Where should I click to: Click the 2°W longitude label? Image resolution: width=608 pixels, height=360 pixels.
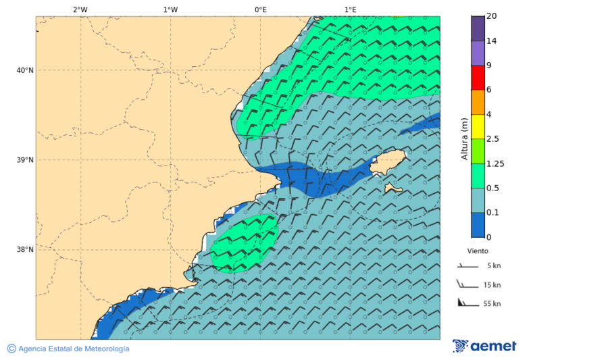coord(80,9)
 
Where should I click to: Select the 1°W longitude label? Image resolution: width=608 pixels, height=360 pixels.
coord(170,9)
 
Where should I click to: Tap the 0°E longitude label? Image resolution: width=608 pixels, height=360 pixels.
coord(260,9)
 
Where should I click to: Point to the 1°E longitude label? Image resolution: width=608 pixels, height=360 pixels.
coord(350,9)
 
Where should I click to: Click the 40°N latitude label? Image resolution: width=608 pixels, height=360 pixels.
coord(25,70)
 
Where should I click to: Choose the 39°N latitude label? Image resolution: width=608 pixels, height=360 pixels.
coord(25,160)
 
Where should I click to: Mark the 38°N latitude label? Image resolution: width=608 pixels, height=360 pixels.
coord(25,250)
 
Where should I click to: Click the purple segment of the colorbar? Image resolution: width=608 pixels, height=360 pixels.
coord(478,53)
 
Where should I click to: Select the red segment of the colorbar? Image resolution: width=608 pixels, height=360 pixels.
coord(478,78)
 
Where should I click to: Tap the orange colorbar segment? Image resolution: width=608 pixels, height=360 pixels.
coord(478,102)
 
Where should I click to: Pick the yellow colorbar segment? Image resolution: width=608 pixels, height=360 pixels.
coord(478,126)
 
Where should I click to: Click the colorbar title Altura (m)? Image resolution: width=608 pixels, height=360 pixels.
coord(464,138)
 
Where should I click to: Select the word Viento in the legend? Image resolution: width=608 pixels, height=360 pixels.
coord(478,251)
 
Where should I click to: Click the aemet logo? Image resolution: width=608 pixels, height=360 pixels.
coord(484,346)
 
